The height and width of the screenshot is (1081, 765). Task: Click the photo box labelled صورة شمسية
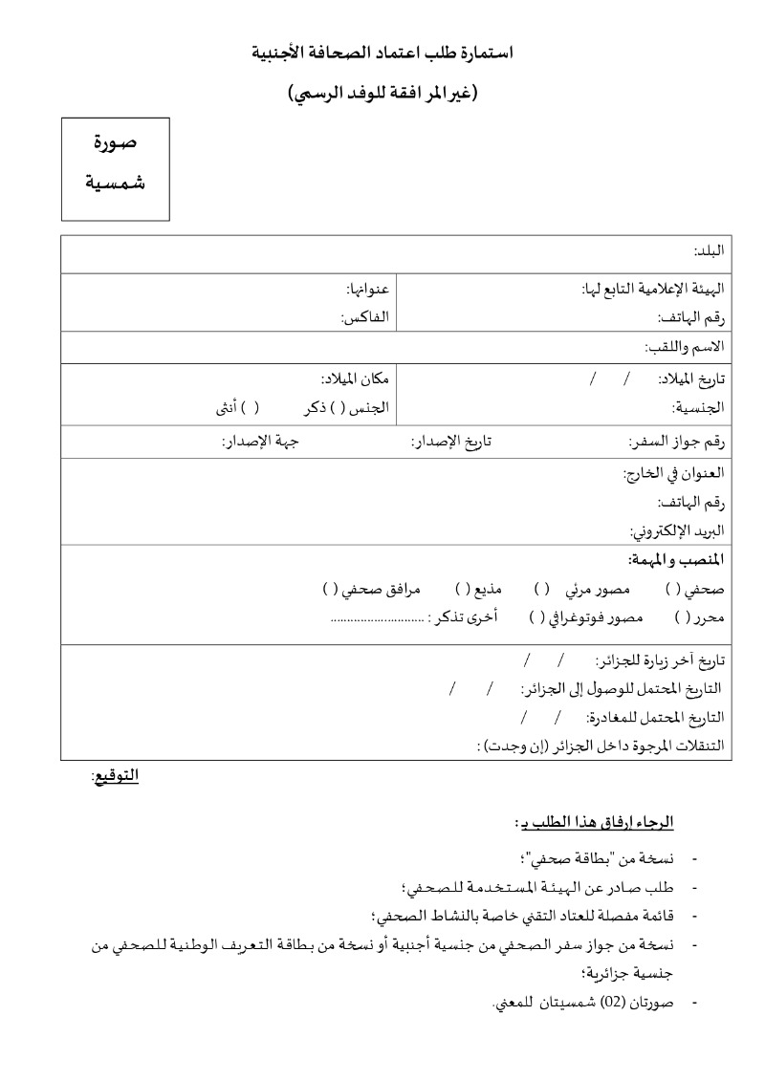(x=116, y=168)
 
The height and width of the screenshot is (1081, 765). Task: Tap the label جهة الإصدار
(x=260, y=442)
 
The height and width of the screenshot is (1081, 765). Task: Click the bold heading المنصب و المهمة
(x=675, y=559)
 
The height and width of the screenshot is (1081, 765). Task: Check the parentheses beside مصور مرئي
(x=541, y=590)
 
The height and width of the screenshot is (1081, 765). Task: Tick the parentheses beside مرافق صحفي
(x=330, y=590)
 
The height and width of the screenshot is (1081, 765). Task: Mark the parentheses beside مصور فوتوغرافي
(x=536, y=618)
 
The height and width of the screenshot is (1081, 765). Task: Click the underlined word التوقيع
(x=115, y=776)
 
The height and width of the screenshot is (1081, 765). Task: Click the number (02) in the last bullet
(x=623, y=1003)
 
